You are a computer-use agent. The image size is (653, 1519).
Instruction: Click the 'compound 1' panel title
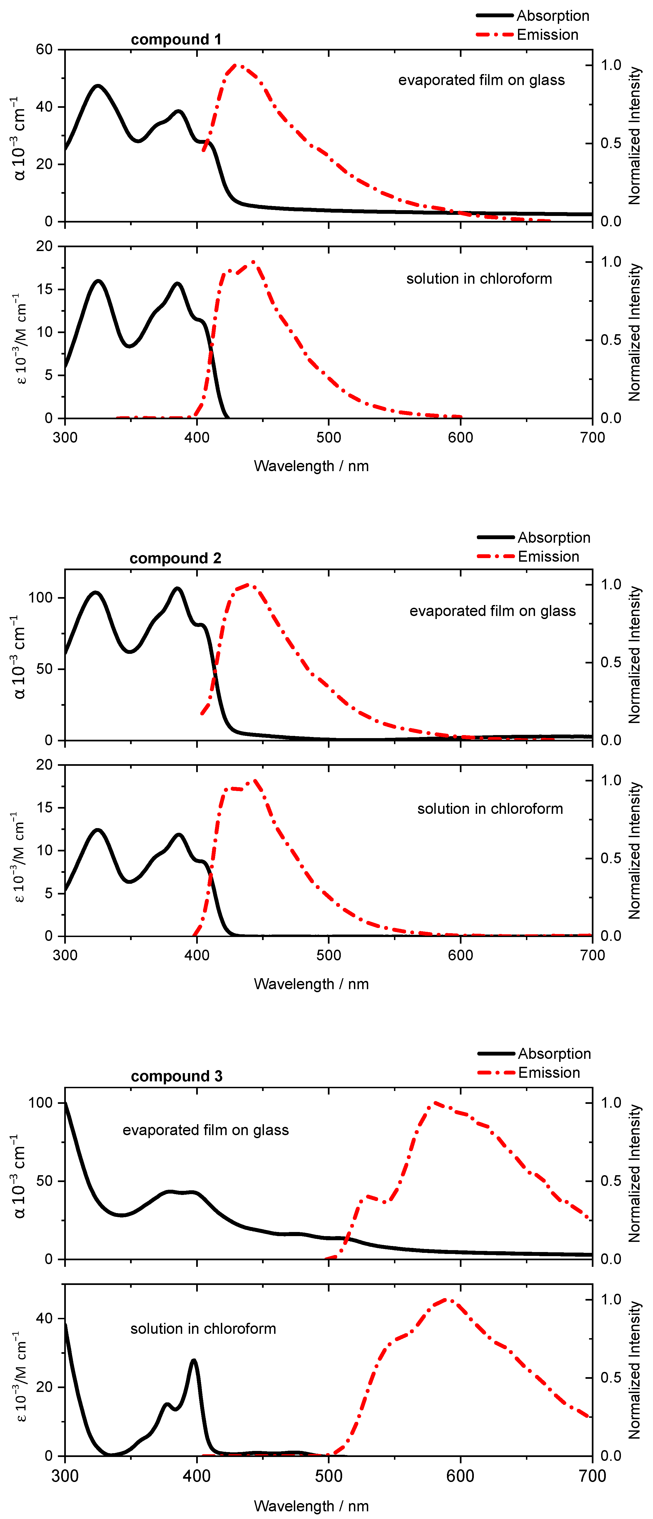176,40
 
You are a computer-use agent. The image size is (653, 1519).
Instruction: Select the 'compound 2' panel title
175,558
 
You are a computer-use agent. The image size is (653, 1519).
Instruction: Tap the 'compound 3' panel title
176,1076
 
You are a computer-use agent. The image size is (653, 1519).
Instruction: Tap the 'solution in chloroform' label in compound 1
479,279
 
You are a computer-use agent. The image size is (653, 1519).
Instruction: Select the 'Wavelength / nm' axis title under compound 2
311,984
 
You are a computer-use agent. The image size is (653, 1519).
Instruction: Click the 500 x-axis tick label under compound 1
329,438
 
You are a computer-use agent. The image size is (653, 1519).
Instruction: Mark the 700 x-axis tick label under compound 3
592,1476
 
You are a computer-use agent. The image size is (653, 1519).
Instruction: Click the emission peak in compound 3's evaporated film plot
435,1103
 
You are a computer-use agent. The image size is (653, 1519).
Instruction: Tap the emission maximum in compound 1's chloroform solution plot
254,262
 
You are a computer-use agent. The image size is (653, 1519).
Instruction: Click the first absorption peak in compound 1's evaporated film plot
98,86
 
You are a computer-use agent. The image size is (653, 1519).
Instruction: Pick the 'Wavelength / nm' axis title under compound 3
311,1506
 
